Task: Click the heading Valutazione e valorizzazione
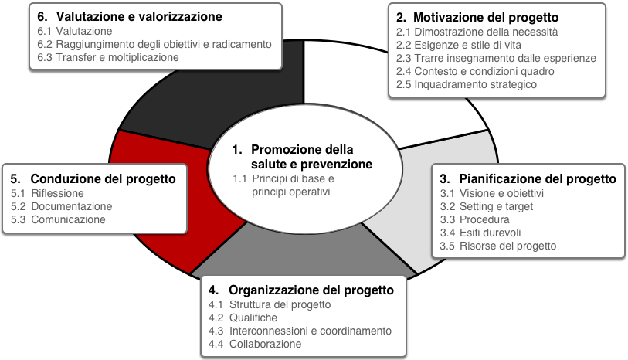130,16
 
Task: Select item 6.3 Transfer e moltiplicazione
108,57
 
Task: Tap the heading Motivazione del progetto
477,17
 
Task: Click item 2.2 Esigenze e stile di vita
459,45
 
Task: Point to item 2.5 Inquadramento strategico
467,84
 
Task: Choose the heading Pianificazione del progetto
528,178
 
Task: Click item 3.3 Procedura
475,219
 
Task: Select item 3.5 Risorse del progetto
498,246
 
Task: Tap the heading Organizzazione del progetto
301,290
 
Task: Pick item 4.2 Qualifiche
243,318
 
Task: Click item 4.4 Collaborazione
255,344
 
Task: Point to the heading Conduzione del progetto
93,178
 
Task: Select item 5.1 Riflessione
47,193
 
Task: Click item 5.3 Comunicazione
58,219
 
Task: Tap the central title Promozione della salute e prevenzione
302,157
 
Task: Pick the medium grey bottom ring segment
304,253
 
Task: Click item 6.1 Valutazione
75,31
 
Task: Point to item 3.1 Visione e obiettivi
492,193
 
